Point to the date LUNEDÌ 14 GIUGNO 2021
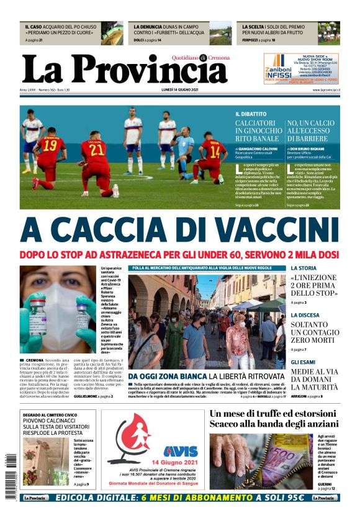click(x=179, y=91)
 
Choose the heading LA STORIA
click(x=304, y=268)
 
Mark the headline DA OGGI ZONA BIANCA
click(x=166, y=376)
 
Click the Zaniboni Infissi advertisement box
click(x=302, y=68)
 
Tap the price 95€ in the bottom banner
click(x=293, y=498)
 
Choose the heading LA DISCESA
click(x=305, y=316)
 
